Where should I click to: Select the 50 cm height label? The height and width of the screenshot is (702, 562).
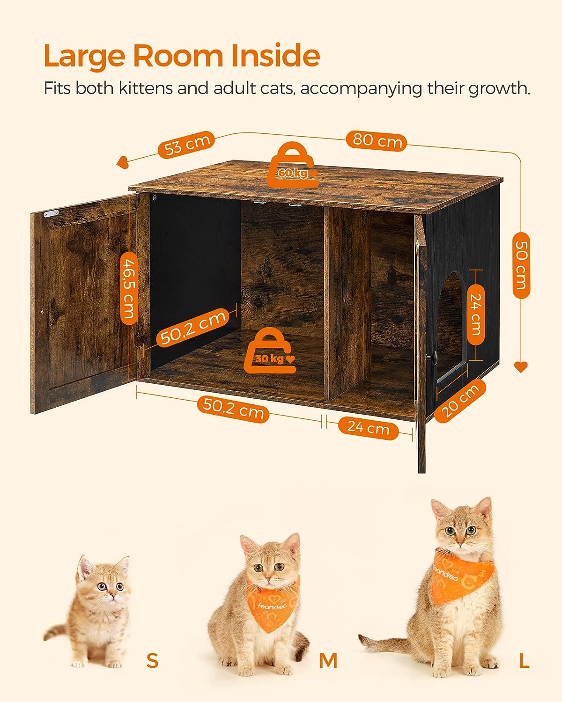click(x=521, y=265)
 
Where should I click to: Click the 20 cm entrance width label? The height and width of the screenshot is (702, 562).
click(x=460, y=400)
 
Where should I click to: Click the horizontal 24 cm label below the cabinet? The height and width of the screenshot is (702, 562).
click(x=368, y=427)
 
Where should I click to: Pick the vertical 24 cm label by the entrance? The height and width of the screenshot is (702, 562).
click(x=475, y=314)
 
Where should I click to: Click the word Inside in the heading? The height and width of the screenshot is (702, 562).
click(x=275, y=56)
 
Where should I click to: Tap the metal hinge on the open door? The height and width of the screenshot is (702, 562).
click(x=52, y=213)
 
